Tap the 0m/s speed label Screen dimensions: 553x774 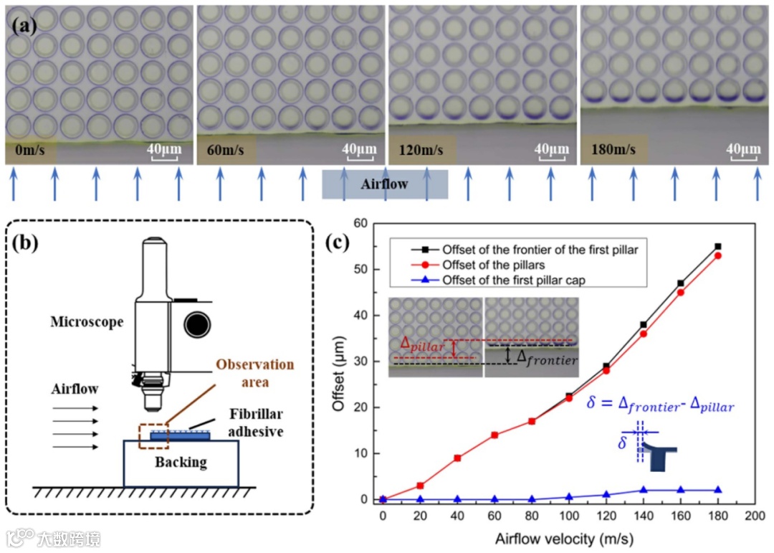29,151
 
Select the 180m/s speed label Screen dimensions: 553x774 613,151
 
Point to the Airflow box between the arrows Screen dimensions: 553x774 385,184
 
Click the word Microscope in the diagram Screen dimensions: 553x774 87,322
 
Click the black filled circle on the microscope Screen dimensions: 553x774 196,325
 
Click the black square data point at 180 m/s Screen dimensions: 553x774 718,246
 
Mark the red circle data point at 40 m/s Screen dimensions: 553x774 457,458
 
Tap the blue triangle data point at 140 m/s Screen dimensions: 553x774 644,490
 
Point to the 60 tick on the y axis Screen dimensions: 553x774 360,223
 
